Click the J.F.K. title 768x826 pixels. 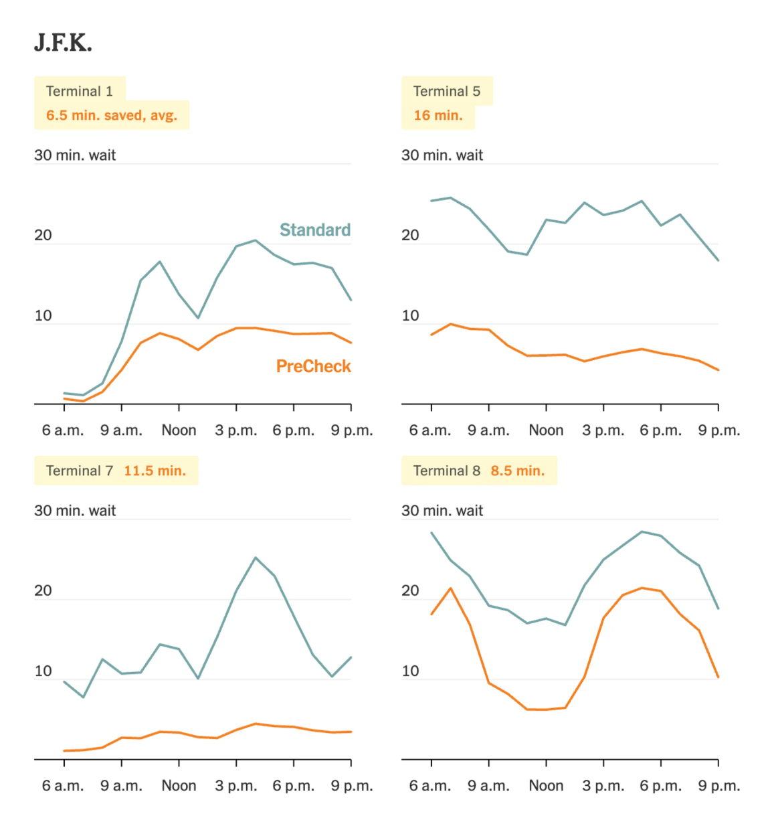click(x=63, y=43)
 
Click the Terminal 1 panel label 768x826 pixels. click(x=79, y=91)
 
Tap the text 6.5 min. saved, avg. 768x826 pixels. click(x=111, y=115)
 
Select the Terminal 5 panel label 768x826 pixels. click(x=446, y=91)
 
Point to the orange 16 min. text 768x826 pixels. click(x=438, y=115)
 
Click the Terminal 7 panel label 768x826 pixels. click(x=79, y=471)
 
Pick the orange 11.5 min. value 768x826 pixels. click(x=155, y=471)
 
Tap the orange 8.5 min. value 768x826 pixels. click(x=517, y=471)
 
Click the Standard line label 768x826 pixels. click(x=314, y=230)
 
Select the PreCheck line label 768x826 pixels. click(x=313, y=366)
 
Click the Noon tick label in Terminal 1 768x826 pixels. click(x=179, y=430)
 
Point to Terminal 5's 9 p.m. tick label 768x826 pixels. click(x=718, y=430)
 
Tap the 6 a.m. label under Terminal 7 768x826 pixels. click(x=63, y=786)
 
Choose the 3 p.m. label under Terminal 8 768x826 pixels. click(x=603, y=786)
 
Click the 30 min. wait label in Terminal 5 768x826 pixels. click(x=442, y=155)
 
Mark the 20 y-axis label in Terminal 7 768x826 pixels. click(x=43, y=590)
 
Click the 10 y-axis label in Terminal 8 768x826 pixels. click(x=410, y=671)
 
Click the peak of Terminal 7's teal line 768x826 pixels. click(x=256, y=558)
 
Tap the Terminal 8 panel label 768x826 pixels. click(x=446, y=471)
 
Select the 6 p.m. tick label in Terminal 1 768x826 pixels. click(x=293, y=430)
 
